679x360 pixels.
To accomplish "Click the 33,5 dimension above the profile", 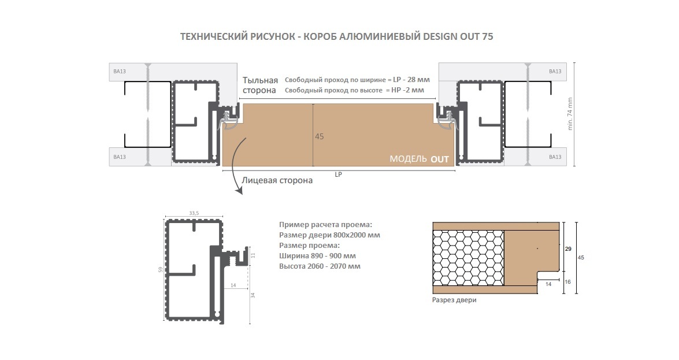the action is tap(194, 213).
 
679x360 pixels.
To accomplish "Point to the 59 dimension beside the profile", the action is tap(161, 269).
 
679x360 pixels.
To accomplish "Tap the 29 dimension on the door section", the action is tap(568, 249).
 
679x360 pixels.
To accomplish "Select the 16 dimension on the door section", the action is tap(567, 281).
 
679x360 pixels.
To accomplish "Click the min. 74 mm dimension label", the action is tap(570, 114).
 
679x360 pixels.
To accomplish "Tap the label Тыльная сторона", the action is tap(260, 86).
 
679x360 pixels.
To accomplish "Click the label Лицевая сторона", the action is tap(277, 180).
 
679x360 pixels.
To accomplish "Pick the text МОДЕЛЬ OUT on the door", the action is tap(419, 159).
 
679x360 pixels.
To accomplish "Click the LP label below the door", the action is tap(338, 175).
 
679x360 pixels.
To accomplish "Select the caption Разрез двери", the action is tap(454, 300).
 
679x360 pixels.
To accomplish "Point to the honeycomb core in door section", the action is tap(469, 258).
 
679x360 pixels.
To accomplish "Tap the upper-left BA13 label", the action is tap(120, 72).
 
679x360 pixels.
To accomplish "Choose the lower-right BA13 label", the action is tap(555, 157).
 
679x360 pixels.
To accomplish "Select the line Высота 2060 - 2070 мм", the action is tap(320, 266).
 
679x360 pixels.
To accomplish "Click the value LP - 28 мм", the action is tap(411, 80).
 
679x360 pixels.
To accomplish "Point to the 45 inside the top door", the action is tap(319, 136).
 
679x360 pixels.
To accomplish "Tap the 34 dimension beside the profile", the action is tap(253, 295).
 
